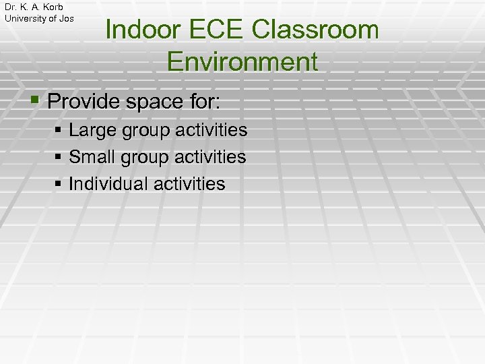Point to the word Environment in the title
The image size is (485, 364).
pos(242,61)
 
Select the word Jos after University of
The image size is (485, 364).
pos(67,18)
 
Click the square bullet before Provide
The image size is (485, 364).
pos(36,102)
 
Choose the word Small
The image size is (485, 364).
pos(92,157)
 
